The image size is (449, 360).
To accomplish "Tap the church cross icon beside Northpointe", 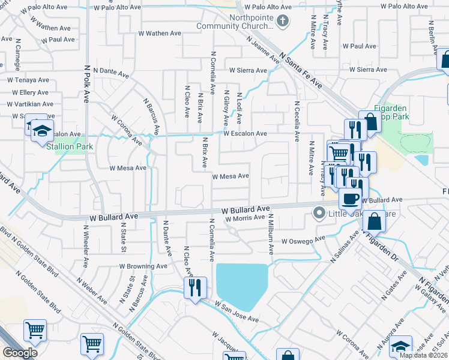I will coord(284,22).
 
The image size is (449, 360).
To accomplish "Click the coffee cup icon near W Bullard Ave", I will coord(349,198).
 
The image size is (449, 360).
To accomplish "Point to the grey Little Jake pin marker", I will coord(319,211).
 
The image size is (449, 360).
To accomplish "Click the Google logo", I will coord(20,352).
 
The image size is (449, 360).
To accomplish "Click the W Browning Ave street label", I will coord(143,266).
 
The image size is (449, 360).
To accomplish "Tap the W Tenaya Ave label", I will coord(28,80).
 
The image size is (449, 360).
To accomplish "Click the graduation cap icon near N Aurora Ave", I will coord(401,346).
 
